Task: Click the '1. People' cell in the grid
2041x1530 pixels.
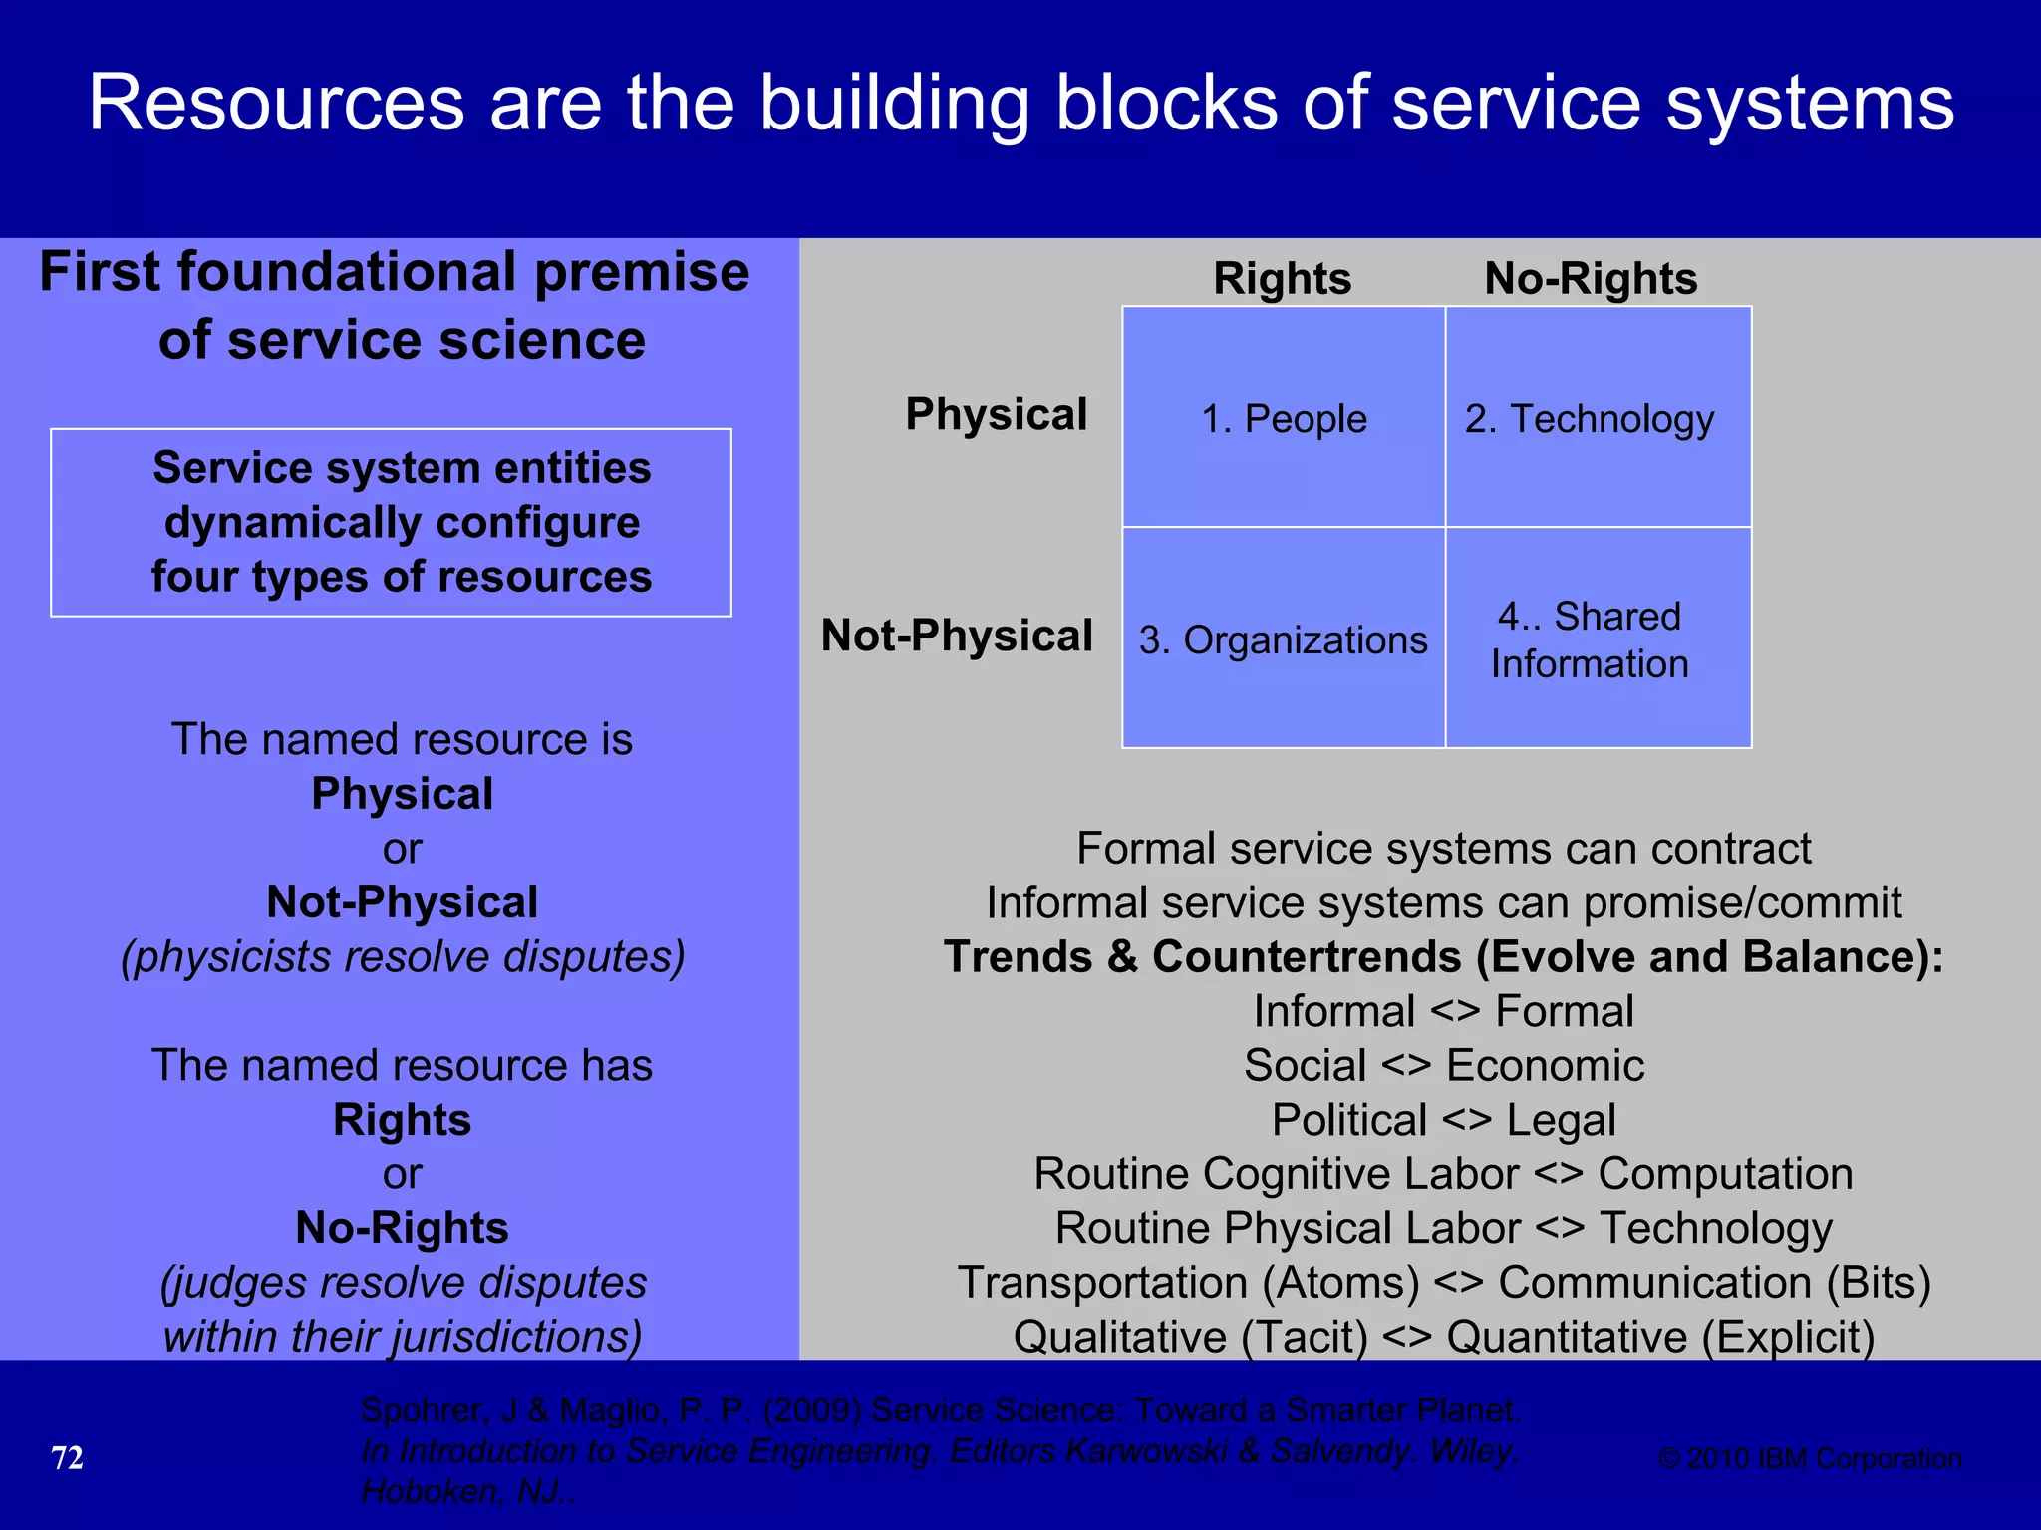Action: point(1284,419)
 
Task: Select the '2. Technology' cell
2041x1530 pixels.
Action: point(1599,419)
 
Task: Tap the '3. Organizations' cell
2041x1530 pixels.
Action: point(1284,639)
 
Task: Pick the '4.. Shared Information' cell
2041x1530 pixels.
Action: point(1599,639)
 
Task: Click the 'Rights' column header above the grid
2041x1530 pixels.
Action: point(1282,278)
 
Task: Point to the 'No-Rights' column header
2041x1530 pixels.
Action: point(1591,278)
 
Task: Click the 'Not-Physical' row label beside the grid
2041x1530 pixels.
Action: point(957,636)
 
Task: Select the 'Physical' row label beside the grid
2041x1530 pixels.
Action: point(996,414)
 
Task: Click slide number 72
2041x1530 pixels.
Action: point(67,1458)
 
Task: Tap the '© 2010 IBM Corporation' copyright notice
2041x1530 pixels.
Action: point(1810,1458)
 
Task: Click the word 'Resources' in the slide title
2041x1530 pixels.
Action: point(277,104)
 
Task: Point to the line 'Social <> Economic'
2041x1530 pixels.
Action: point(1443,1066)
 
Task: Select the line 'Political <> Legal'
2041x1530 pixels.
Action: point(1443,1120)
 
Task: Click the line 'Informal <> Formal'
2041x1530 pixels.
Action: point(1443,1011)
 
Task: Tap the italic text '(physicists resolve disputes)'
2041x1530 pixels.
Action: point(403,957)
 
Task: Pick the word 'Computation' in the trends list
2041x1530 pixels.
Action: point(1725,1174)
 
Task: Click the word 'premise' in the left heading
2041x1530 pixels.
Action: point(642,272)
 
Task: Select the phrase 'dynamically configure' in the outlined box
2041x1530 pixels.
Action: point(402,523)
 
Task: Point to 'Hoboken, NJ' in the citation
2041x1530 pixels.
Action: point(464,1491)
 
